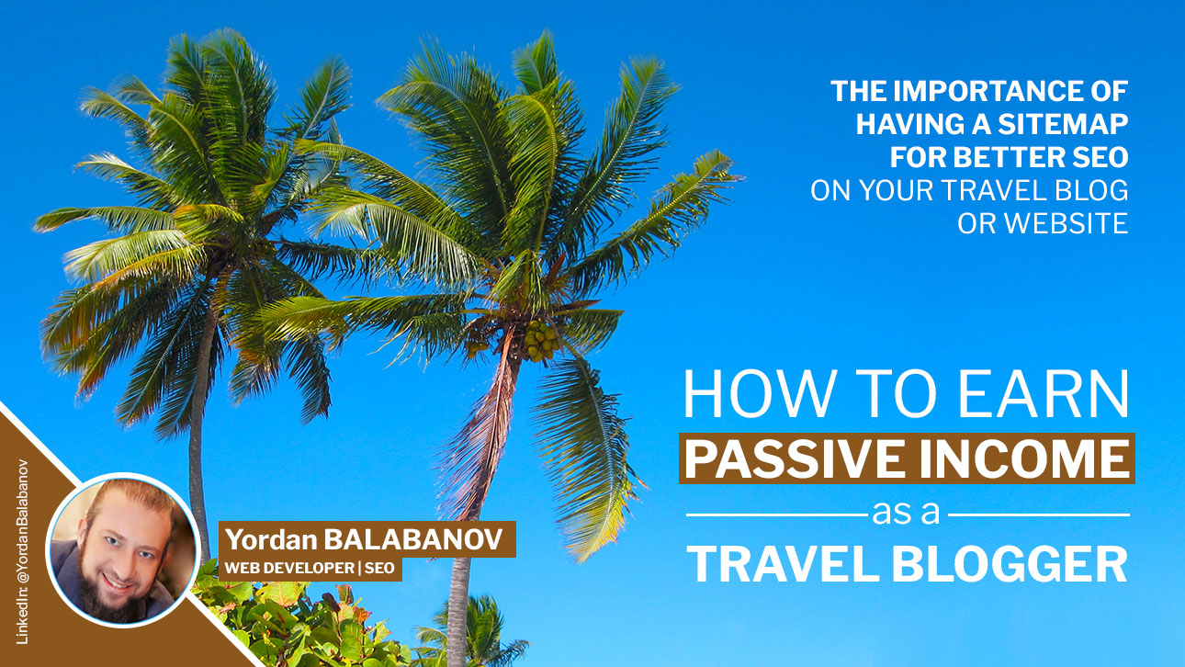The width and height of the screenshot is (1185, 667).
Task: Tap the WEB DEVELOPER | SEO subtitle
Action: click(x=310, y=569)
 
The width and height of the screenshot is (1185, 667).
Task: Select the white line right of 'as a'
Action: click(x=1039, y=514)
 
